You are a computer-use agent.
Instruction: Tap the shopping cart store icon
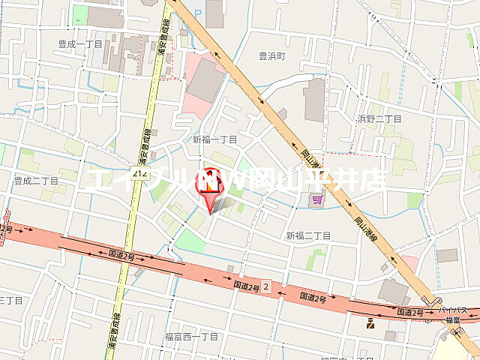point(319,199)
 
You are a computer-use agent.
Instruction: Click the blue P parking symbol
point(198,13)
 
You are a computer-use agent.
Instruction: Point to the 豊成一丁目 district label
point(80,44)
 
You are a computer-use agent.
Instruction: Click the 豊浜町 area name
point(273,55)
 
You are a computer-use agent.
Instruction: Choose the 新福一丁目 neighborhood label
point(214,139)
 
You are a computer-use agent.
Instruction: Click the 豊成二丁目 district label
point(36,181)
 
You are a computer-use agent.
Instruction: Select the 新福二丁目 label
point(307,235)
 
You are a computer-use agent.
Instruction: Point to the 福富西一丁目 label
point(191,337)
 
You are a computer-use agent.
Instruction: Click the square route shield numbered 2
point(265,286)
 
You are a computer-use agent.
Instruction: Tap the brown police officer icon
point(370,325)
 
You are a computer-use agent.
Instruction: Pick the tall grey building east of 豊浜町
point(315,100)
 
